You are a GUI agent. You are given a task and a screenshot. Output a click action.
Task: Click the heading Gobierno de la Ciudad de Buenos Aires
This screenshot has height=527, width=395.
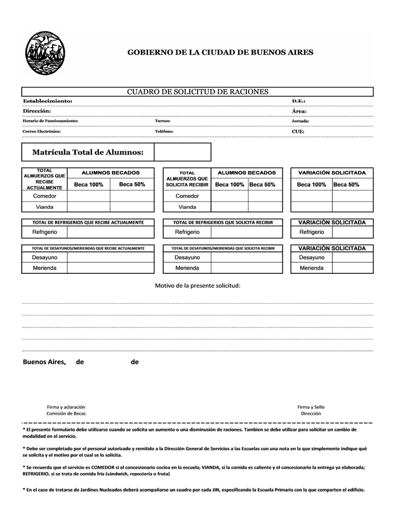click(x=220, y=52)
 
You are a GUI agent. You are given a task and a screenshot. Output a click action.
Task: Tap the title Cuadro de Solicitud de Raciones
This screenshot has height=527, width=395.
click(x=197, y=92)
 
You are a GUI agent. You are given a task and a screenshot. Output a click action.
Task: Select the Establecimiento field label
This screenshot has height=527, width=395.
click(x=47, y=101)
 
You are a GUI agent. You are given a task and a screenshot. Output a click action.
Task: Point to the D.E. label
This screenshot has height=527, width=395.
click(x=298, y=101)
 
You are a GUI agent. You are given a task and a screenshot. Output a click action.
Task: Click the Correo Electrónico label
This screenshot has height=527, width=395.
click(x=41, y=131)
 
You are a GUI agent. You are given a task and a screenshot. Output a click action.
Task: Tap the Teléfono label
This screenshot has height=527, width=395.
click(x=164, y=131)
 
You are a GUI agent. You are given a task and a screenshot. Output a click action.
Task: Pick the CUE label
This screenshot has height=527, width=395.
click(x=298, y=131)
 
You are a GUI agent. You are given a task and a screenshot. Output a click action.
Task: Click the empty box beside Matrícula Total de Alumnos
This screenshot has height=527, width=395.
click(x=182, y=152)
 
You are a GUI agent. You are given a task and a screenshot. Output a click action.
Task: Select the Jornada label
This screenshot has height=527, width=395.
click(x=300, y=121)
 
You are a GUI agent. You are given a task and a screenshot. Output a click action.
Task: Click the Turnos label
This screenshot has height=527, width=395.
click(x=163, y=121)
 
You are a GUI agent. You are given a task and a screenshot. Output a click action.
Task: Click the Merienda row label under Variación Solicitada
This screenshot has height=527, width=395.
click(x=312, y=268)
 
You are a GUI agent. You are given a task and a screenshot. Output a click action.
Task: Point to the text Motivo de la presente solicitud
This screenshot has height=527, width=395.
click(x=197, y=286)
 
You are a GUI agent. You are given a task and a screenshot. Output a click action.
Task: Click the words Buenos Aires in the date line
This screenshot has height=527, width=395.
click(x=44, y=362)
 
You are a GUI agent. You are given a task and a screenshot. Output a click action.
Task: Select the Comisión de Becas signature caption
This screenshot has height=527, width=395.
click(x=66, y=413)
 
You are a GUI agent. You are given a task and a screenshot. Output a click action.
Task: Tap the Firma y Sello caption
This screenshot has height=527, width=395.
click(x=311, y=407)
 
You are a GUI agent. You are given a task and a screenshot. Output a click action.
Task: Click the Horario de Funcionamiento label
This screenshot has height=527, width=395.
click(x=50, y=121)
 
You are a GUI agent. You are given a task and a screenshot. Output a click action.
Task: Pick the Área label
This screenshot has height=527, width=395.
click(x=299, y=111)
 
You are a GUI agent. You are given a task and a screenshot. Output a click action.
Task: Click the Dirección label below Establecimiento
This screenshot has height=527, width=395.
click(x=37, y=111)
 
